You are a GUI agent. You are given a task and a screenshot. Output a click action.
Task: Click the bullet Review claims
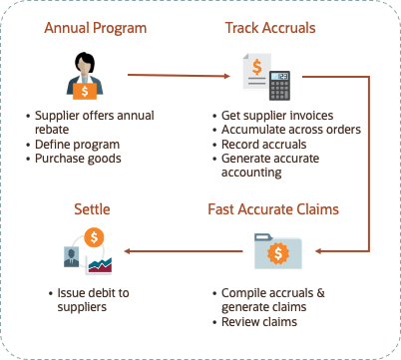point(261,322)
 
